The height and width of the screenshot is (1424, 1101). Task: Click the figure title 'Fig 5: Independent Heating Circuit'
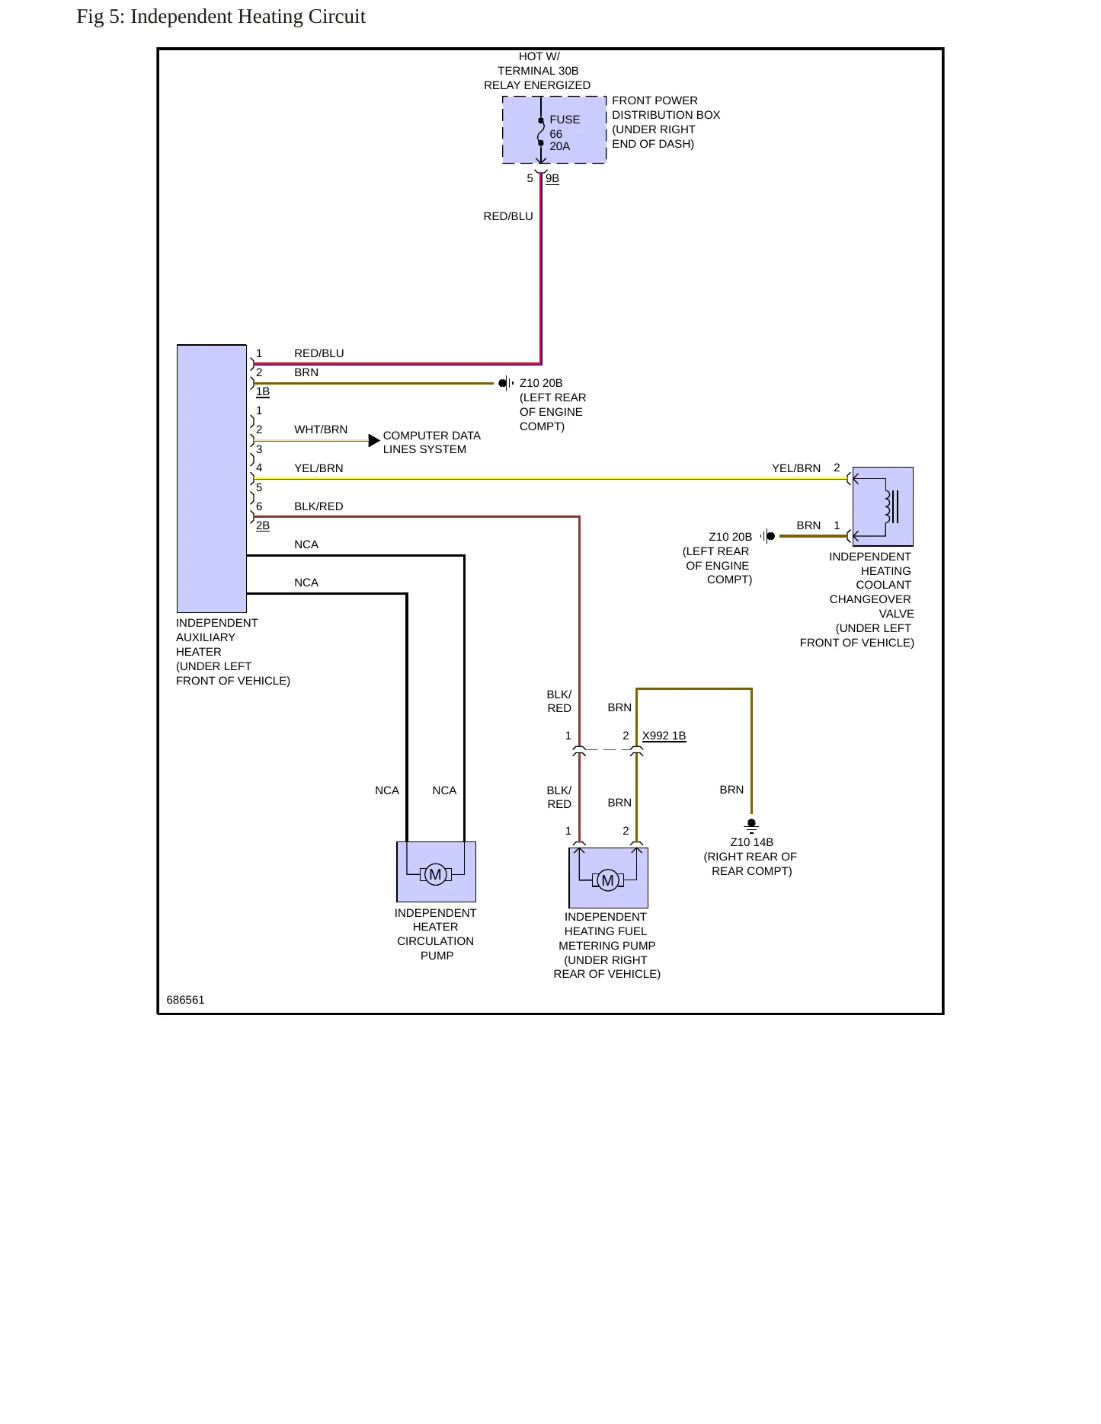221,17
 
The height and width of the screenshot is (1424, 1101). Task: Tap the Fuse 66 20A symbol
541,132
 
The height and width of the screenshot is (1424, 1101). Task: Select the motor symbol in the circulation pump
436,874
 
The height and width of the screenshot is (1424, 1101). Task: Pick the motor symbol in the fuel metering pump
608,881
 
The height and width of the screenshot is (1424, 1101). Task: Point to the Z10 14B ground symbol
751,825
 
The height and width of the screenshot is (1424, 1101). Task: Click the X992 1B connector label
664,736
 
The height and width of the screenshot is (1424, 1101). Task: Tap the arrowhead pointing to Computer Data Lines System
374,441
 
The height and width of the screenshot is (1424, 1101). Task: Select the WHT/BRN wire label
321,429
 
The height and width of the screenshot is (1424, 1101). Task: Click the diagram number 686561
186,1000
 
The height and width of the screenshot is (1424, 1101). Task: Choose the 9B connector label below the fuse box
552,179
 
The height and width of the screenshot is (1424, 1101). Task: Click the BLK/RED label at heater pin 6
318,506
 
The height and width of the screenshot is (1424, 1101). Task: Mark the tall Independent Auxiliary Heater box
212,479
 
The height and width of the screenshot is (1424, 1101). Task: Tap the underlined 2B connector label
263,526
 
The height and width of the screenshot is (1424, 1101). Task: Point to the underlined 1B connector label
263,392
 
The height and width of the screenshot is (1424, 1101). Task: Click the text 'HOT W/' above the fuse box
539,56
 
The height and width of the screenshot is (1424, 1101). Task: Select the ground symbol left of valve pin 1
768,536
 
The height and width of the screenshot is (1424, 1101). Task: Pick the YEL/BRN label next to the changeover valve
796,468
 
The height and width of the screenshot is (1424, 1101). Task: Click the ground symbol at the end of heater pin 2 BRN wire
506,383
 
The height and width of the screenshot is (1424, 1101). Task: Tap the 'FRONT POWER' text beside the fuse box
655,101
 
